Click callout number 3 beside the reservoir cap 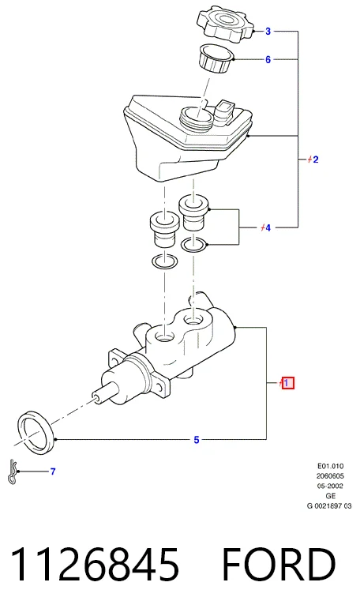coord(268,31)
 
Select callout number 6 coord(268,60)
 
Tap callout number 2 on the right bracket coord(316,160)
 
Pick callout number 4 coord(268,228)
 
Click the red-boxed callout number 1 coord(287,383)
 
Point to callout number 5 coord(197,440)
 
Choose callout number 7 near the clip coord(53,471)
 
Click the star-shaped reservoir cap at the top coord(225,23)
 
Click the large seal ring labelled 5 coord(36,431)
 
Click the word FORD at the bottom coord(279,565)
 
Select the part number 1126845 coord(95,565)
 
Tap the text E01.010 coord(331,466)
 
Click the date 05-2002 coord(330,486)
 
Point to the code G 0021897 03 coord(329,506)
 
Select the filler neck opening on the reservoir coord(196,116)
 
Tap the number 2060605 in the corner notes coord(330,476)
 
